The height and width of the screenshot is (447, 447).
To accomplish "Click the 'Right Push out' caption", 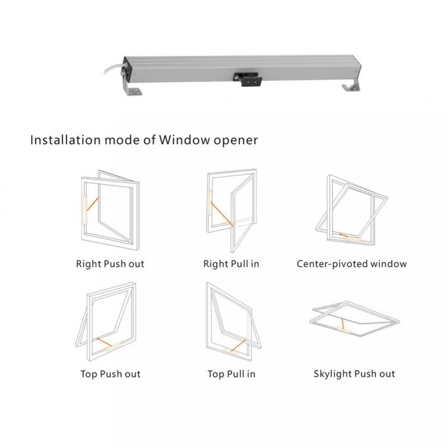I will click(109, 264).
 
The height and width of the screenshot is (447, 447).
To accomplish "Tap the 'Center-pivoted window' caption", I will click(351, 264).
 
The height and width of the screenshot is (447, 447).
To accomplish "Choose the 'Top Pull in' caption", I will click(231, 373).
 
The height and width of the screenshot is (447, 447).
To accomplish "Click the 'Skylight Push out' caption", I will click(354, 373).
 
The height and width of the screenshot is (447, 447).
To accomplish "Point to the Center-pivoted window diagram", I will click(350, 210).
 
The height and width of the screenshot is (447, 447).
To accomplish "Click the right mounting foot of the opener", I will click(350, 87).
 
